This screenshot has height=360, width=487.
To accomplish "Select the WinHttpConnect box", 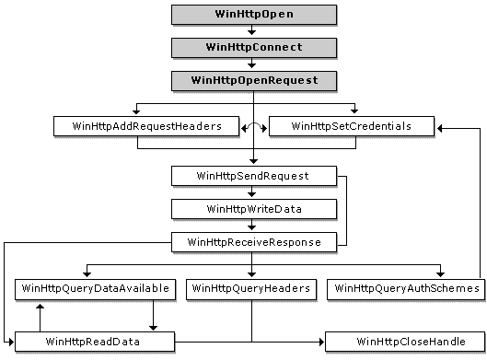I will [x=252, y=46].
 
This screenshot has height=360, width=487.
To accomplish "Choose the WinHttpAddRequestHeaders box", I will [x=137, y=125].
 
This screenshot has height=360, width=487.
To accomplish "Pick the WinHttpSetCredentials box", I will [x=351, y=125].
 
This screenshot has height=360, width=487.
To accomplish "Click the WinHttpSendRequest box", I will [x=252, y=174].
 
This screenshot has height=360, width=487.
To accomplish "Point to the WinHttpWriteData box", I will [x=252, y=209].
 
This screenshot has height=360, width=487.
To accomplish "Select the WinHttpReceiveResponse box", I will [x=252, y=242].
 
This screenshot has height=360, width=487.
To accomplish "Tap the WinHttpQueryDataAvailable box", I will [x=94, y=288].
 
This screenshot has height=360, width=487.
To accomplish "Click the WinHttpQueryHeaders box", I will [x=250, y=288].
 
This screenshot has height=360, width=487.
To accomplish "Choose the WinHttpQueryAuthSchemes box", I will [x=406, y=288].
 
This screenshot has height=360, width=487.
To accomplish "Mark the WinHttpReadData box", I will [x=94, y=342].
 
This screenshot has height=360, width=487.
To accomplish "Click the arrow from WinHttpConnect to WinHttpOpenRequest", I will [x=252, y=63].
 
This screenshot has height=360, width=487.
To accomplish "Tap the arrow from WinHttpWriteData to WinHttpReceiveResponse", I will [x=252, y=226].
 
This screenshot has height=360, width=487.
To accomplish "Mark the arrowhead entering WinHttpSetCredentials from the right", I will [x=442, y=126].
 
